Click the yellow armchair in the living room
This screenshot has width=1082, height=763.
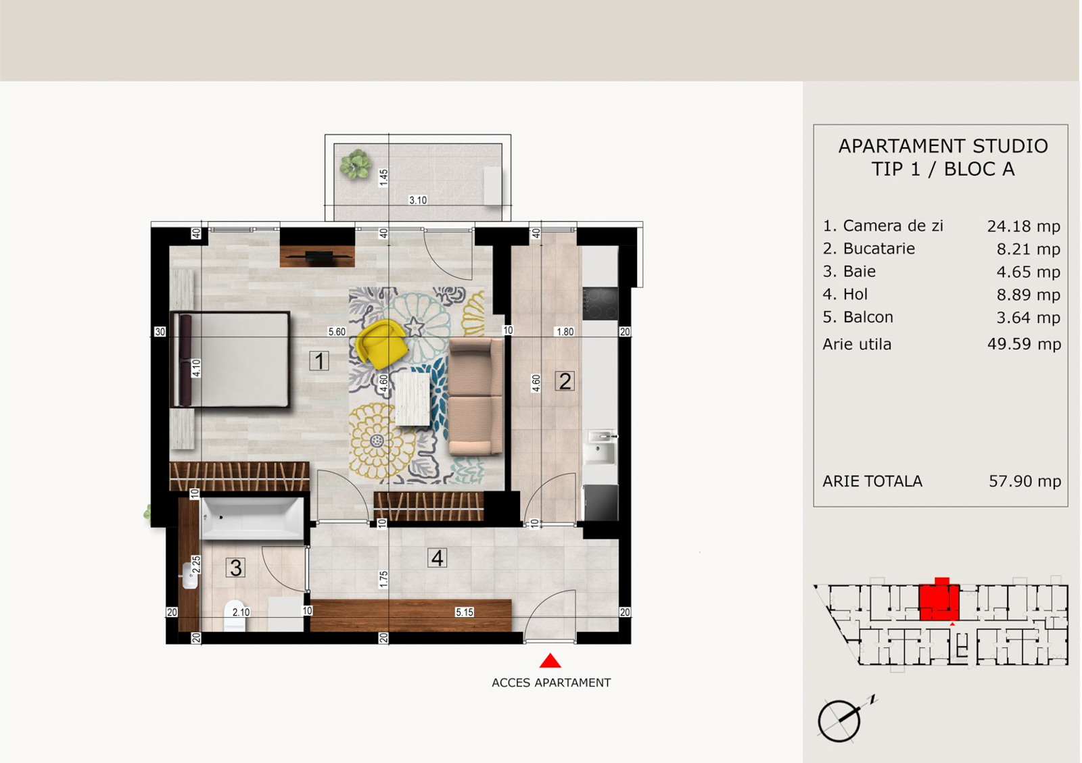click(x=381, y=343)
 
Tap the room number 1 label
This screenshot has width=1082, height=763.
click(x=319, y=361)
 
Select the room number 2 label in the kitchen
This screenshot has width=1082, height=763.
click(x=565, y=381)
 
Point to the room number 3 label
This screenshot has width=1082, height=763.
click(x=236, y=568)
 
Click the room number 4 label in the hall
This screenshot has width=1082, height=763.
click(x=437, y=558)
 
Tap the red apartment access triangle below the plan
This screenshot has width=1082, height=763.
click(x=550, y=661)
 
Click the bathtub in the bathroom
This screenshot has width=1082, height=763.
click(x=252, y=518)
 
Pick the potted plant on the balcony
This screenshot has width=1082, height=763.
click(x=356, y=165)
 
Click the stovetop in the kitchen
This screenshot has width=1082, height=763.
click(x=600, y=303)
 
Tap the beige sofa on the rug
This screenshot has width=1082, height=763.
click(x=476, y=397)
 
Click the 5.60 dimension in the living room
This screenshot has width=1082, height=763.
click(x=337, y=332)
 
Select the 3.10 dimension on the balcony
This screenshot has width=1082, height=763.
click(x=418, y=200)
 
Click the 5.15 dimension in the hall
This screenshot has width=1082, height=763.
click(x=464, y=612)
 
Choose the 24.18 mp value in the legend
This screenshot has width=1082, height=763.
click(x=1024, y=226)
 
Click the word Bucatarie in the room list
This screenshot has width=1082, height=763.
click(x=878, y=249)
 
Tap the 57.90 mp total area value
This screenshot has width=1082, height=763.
click(x=1025, y=481)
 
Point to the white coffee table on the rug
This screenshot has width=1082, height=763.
click(x=413, y=399)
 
